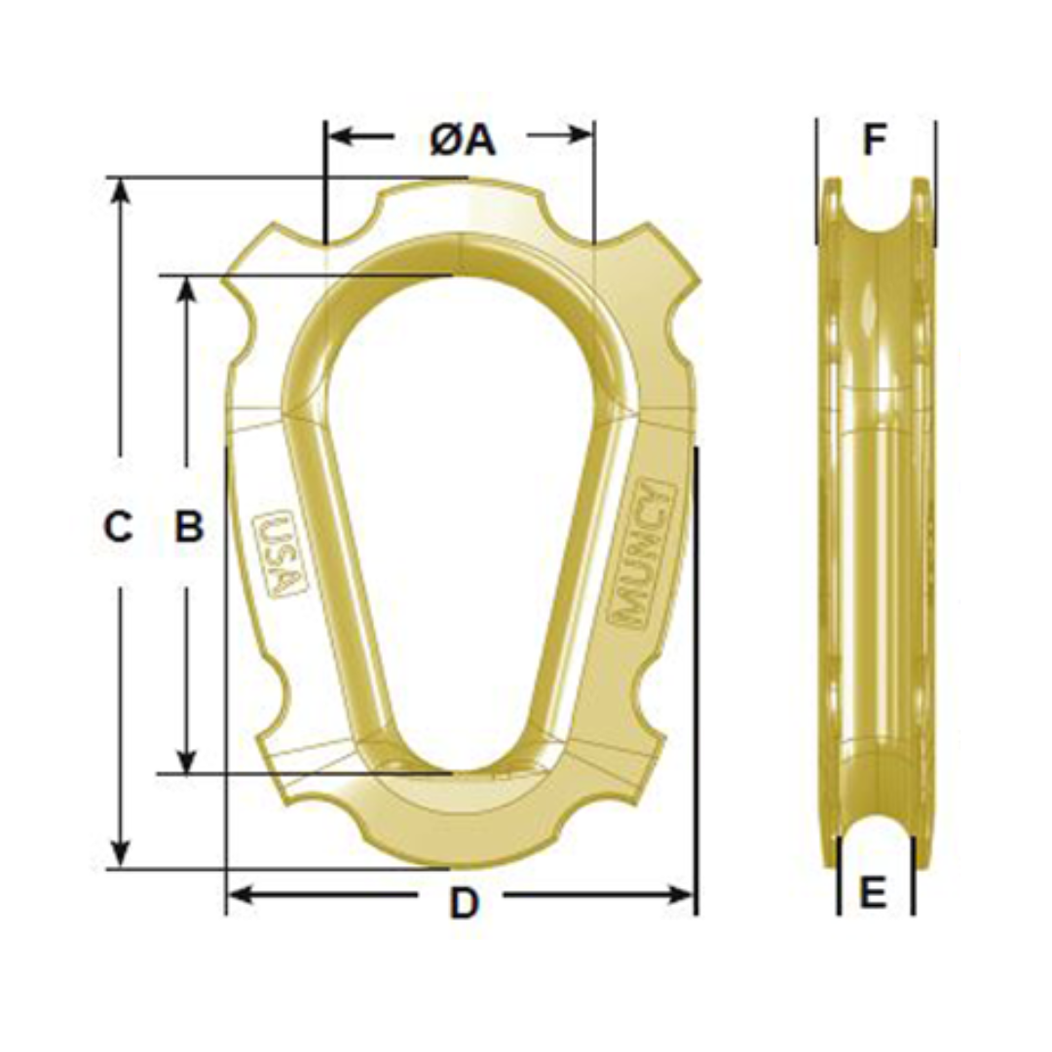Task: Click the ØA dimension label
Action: [463, 141]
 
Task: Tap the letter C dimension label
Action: [118, 527]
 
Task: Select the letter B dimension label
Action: [188, 527]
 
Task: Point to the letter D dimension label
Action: [465, 904]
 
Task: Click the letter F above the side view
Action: [875, 141]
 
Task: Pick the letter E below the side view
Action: [874, 891]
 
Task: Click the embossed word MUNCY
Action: [644, 552]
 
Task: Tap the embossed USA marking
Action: [280, 553]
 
